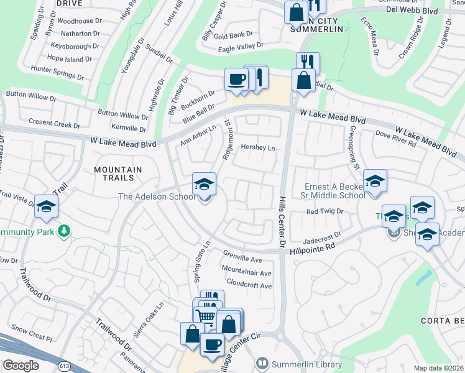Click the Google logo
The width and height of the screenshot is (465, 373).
point(21,365)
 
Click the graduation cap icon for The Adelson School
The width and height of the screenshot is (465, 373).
point(204,184)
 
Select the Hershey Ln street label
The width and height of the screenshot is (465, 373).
point(257,149)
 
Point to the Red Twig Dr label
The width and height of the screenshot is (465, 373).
point(325,212)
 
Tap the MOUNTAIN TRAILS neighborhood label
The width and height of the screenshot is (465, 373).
point(118,174)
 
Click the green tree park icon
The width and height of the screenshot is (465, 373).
point(63,231)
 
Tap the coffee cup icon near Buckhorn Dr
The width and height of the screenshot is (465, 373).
point(236,79)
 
